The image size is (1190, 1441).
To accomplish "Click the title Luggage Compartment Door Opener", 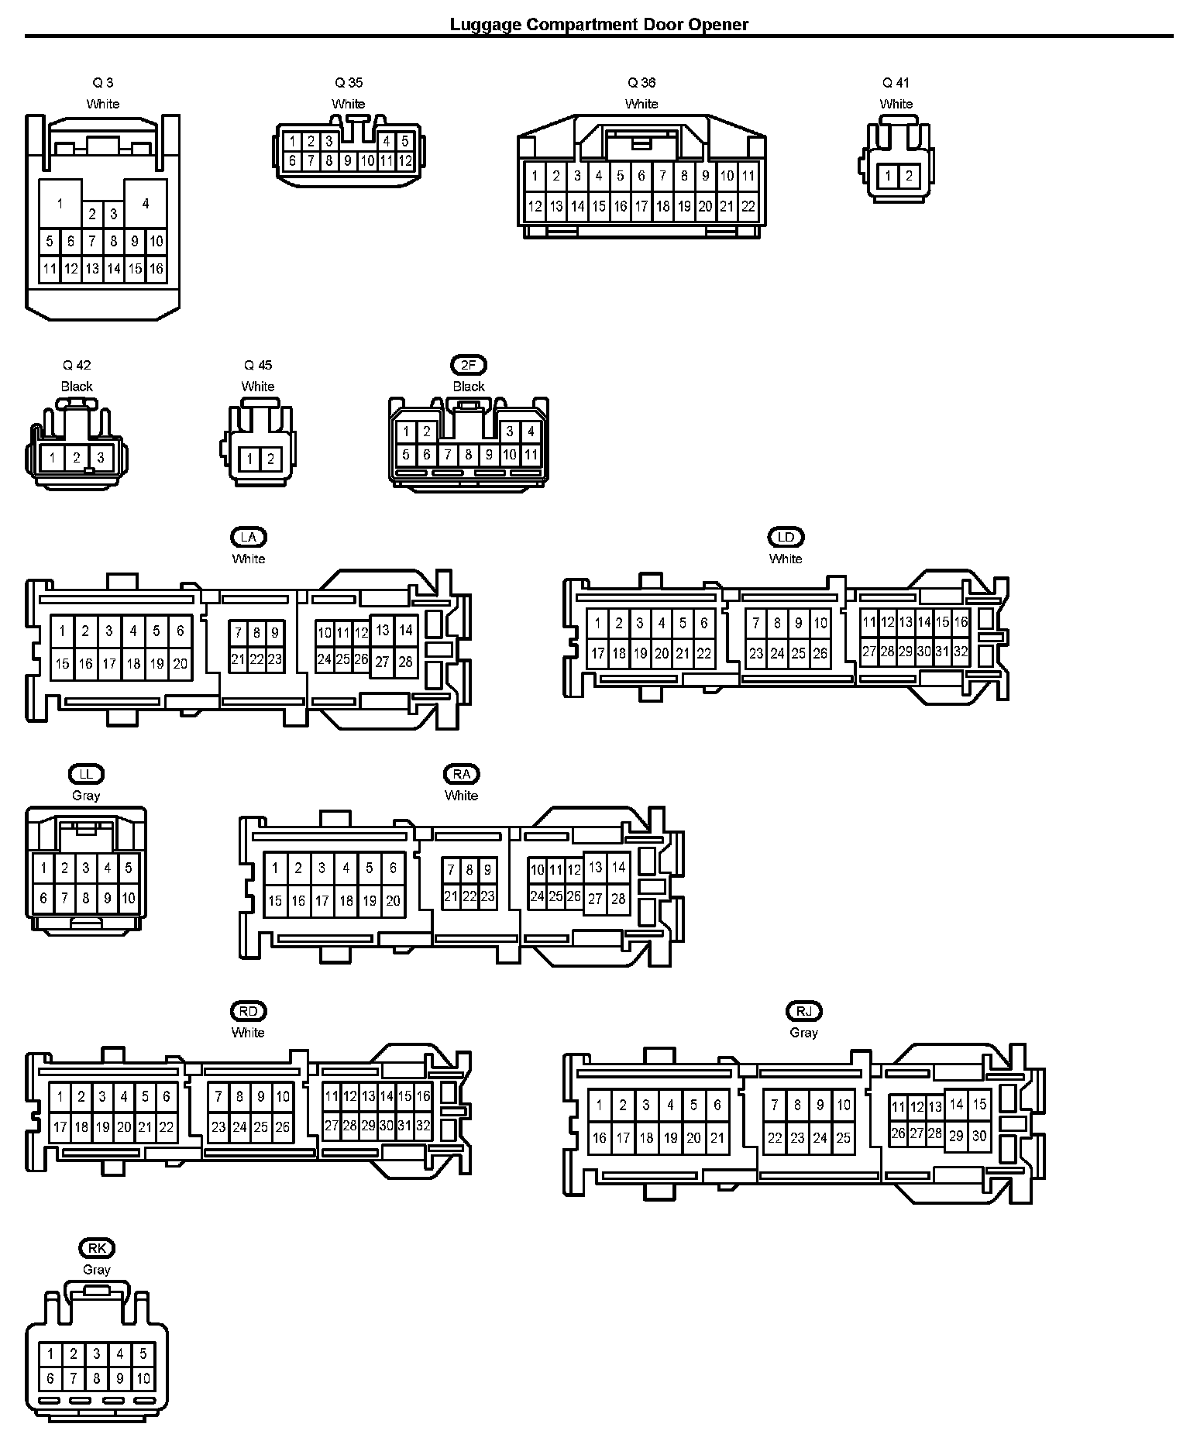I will tap(599, 24).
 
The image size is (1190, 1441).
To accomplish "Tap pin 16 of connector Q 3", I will tap(156, 269).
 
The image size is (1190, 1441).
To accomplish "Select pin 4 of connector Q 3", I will tap(146, 204).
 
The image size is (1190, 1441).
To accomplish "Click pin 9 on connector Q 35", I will tap(348, 161).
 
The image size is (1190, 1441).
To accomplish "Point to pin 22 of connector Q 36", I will tap(748, 206).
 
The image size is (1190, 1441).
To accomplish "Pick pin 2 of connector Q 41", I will tap(908, 176).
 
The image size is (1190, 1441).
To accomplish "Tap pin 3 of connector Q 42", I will tap(100, 457).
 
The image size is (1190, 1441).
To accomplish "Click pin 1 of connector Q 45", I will tap(249, 459).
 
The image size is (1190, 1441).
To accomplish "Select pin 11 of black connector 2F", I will tap(531, 455).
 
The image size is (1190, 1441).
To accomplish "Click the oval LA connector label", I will tap(248, 537).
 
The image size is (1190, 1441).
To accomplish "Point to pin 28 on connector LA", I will tap(405, 662).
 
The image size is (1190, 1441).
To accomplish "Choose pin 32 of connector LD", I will tap(961, 652).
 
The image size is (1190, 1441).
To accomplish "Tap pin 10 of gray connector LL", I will tap(129, 899).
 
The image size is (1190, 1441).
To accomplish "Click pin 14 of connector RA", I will tap(618, 868).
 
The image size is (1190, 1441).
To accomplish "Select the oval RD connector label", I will tap(248, 1011).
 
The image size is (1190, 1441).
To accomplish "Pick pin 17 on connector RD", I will tap(60, 1127).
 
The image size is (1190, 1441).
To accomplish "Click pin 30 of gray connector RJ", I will tap(979, 1135).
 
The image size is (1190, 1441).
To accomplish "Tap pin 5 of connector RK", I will tap(143, 1354).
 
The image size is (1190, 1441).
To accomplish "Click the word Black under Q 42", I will tap(77, 386).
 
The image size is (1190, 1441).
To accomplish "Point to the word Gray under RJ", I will tap(803, 1032).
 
